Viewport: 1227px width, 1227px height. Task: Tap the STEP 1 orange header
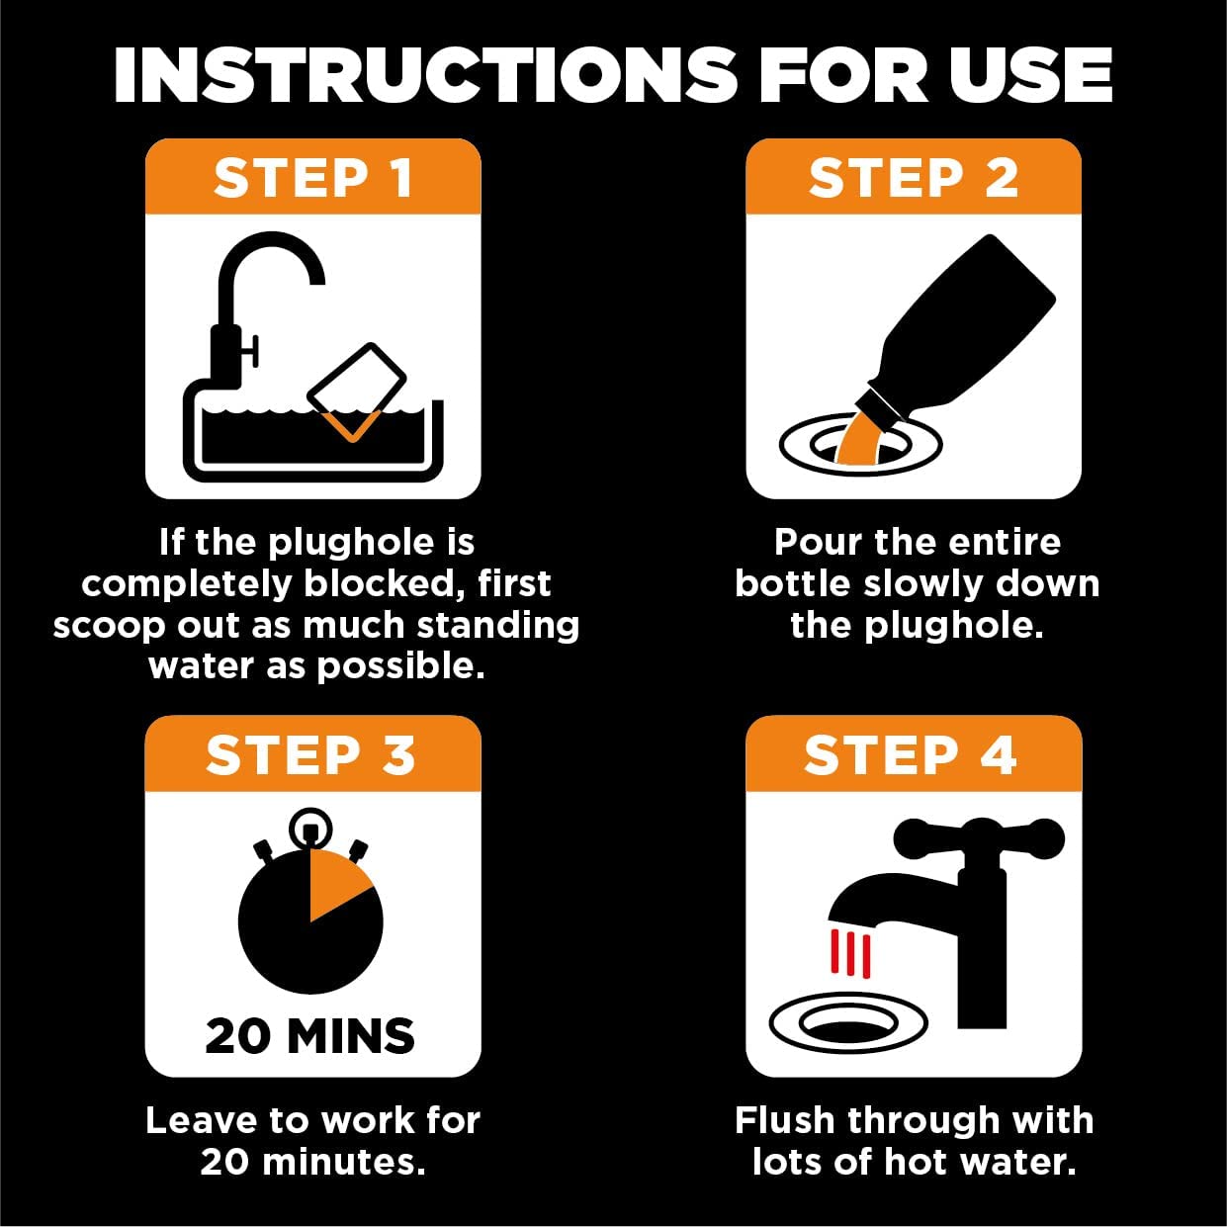tap(312, 178)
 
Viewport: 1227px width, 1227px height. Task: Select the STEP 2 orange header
tap(913, 178)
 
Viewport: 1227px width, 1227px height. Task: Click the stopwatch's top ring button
tap(310, 826)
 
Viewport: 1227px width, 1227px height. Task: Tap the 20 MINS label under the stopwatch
tap(310, 1036)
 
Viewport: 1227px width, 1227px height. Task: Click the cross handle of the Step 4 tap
tap(979, 838)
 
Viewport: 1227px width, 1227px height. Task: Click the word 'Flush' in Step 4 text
tap(785, 1120)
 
